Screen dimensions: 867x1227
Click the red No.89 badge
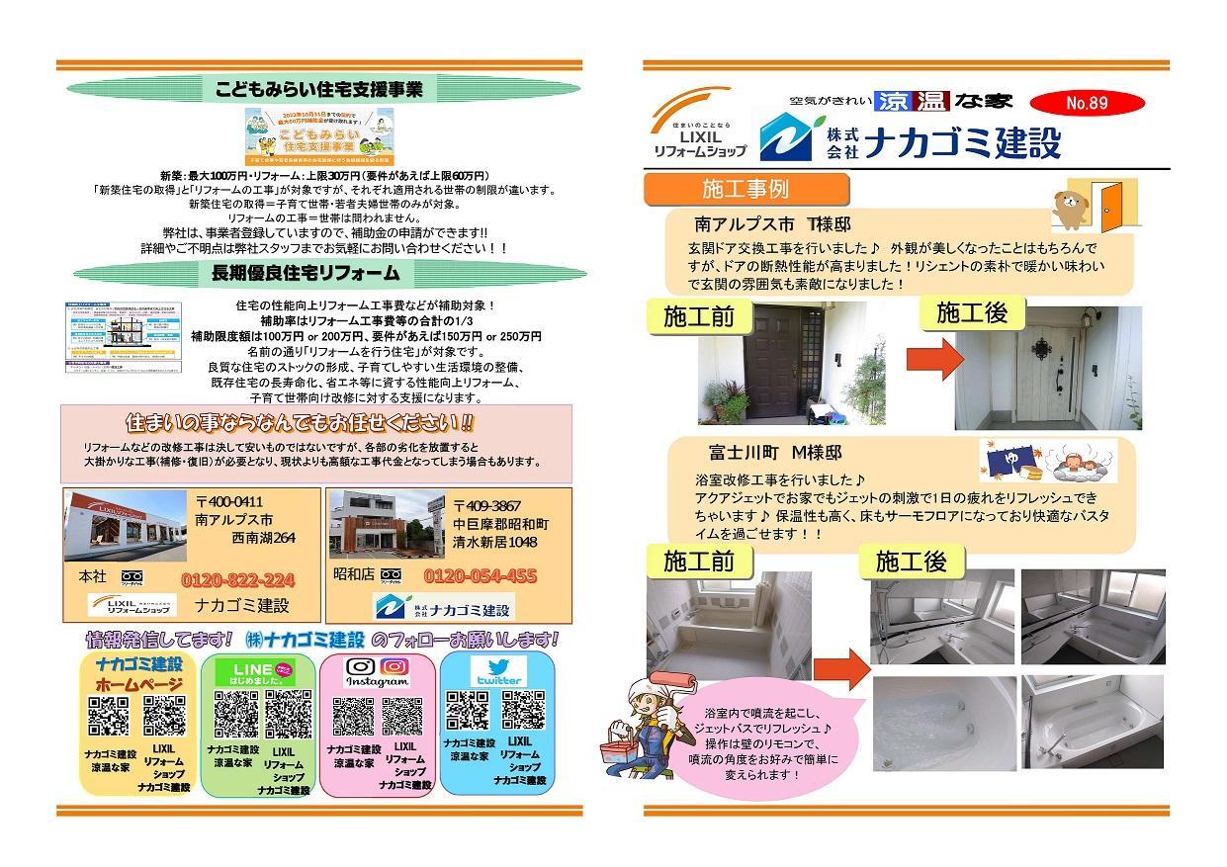1087,103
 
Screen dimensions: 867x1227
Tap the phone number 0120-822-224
237,579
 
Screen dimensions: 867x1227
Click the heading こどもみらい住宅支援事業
318,90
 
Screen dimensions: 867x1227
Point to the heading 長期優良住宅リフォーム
318,272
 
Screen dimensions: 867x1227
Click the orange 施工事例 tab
745,188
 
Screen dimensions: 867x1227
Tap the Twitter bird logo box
498,673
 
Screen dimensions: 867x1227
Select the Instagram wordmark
378,682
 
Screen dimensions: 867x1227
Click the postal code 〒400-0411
229,502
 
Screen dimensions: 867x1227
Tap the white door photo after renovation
1046,367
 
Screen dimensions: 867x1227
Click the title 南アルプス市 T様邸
772,224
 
